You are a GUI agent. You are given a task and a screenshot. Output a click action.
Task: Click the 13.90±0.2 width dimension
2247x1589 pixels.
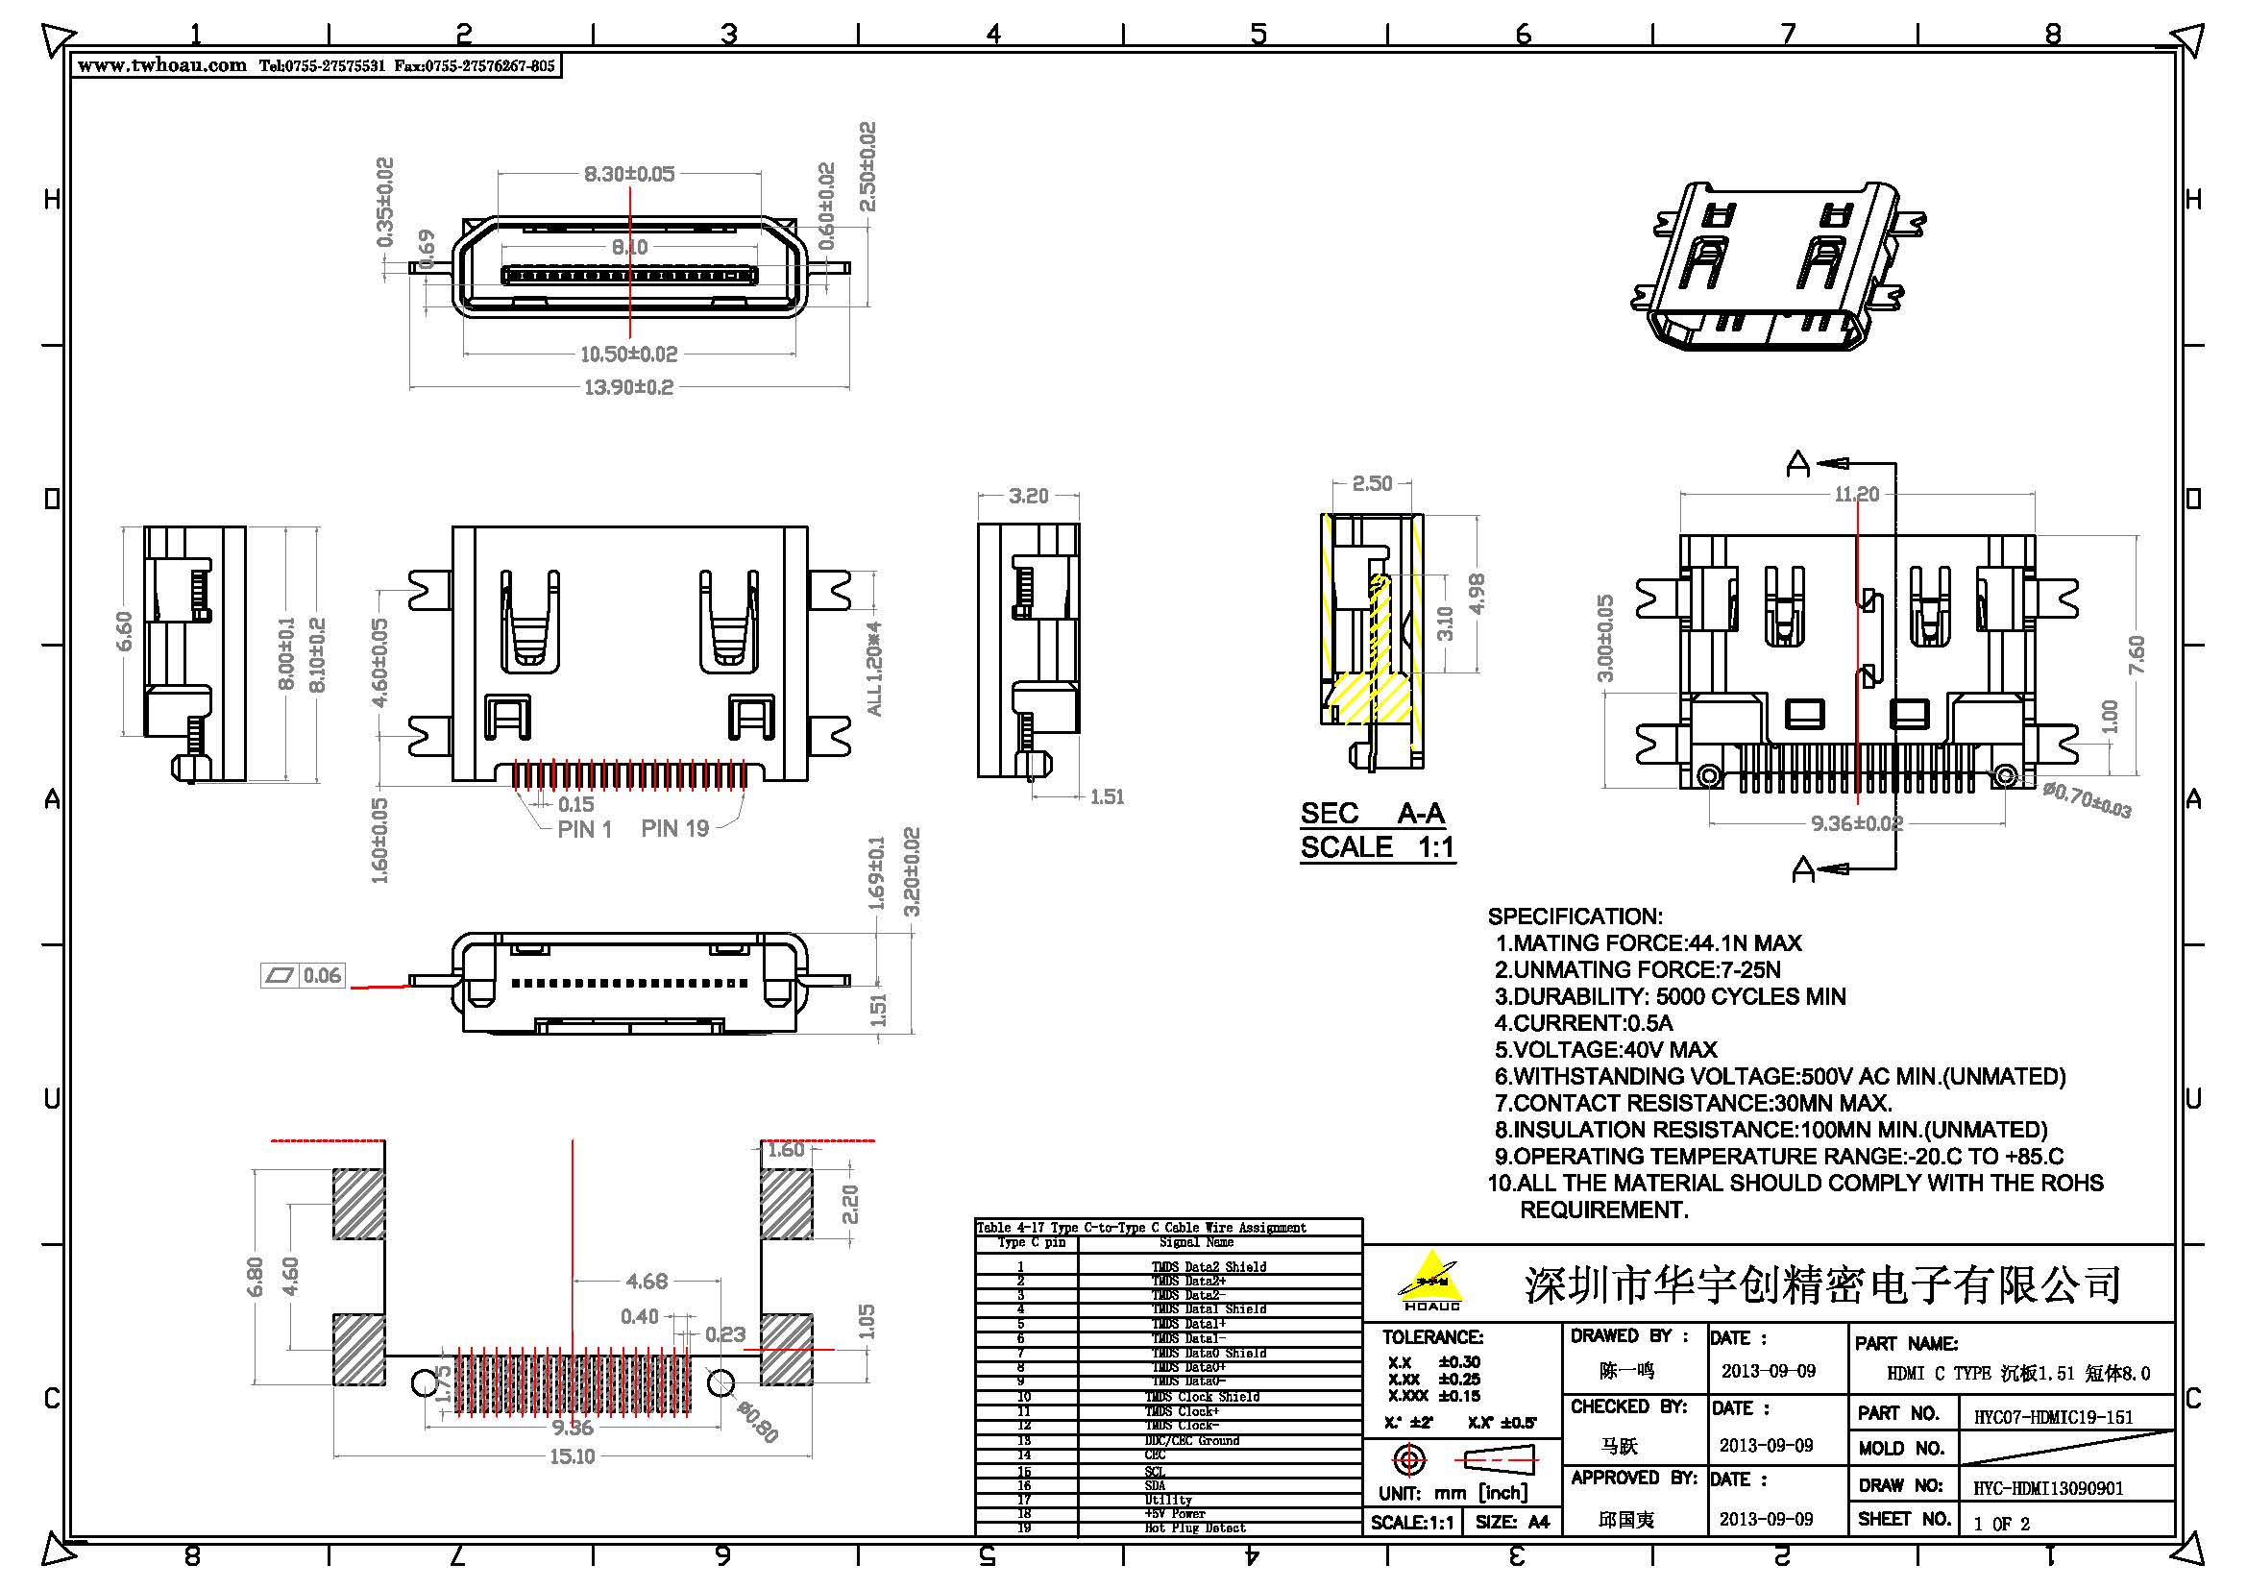click(628, 387)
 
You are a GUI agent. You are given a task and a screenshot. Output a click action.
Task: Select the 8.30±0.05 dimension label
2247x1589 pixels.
click(629, 174)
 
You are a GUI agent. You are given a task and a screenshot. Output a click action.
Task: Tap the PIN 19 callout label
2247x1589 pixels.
click(674, 829)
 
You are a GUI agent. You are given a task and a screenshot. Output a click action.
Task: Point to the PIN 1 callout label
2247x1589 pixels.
click(584, 830)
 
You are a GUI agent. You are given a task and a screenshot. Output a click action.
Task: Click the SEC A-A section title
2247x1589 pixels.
click(1372, 813)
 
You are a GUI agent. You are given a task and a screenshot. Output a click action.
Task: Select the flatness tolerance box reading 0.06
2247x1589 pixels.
click(304, 975)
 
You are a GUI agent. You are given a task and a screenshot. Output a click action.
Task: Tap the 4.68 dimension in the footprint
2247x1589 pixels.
click(646, 1281)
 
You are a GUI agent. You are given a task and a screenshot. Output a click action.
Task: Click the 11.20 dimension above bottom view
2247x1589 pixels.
click(1857, 494)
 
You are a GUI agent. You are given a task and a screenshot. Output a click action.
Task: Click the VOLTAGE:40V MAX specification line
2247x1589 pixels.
click(1605, 1050)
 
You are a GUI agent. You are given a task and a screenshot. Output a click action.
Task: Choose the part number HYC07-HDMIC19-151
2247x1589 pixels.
click(2053, 1417)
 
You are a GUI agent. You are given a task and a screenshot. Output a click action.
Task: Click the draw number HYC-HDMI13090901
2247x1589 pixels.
click(2047, 1488)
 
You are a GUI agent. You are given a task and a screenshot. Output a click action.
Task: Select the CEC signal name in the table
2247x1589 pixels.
click(1155, 1455)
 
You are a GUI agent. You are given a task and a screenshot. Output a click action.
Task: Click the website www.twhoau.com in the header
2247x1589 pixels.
click(161, 65)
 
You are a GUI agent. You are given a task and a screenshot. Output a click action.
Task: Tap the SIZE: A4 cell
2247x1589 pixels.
click(1512, 1522)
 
